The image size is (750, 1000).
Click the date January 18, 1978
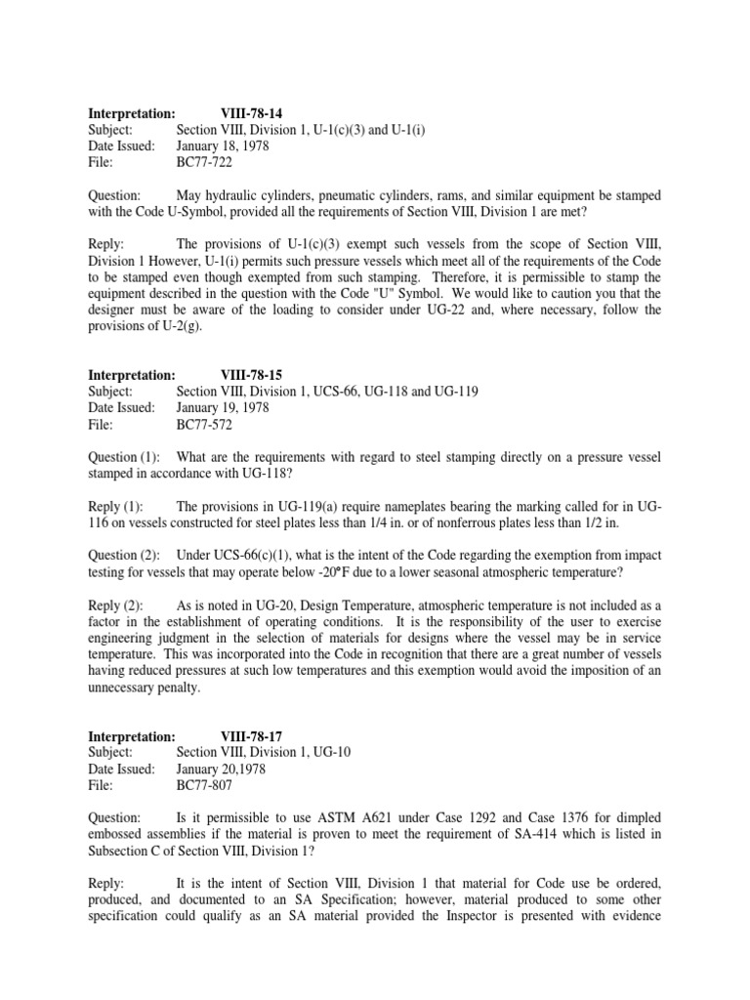pyautogui.click(x=223, y=146)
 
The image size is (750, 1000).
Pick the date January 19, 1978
pyautogui.click(x=223, y=408)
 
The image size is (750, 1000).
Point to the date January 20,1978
pyautogui.click(x=221, y=770)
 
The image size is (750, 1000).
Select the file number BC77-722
pyautogui.click(x=205, y=163)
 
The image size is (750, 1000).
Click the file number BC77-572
pyautogui.click(x=205, y=425)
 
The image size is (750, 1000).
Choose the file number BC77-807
pyautogui.click(x=205, y=786)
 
